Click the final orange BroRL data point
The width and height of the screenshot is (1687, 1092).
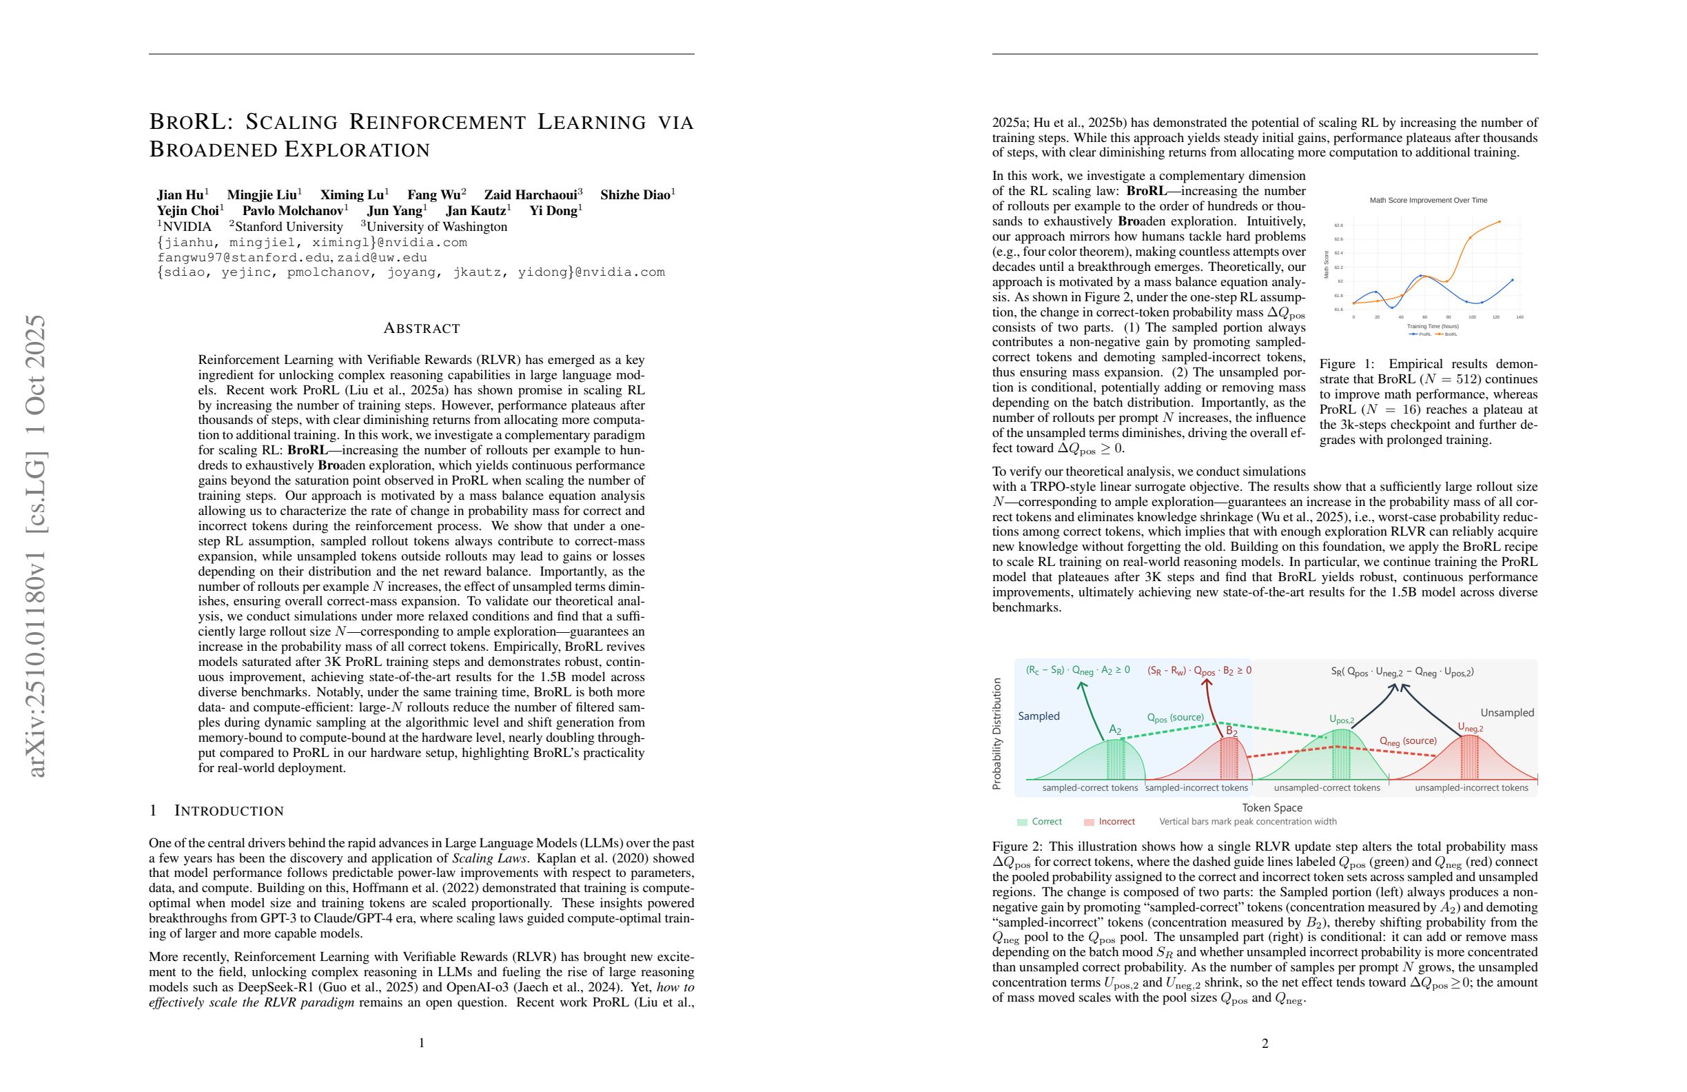pos(1499,221)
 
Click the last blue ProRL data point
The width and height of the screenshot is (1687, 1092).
pos(1513,280)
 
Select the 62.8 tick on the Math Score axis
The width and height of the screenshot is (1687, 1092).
pos(1338,225)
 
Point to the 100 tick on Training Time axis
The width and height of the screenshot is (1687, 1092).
pos(1472,317)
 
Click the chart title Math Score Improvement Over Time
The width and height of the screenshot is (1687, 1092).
pos(1429,200)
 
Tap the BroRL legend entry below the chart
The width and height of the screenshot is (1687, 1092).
pos(1447,334)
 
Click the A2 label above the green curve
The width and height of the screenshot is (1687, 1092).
pos(1115,729)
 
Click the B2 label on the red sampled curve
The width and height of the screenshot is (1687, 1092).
pos(1232,731)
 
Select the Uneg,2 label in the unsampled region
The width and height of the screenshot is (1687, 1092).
pos(1470,727)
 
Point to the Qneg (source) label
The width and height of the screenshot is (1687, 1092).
pos(1408,741)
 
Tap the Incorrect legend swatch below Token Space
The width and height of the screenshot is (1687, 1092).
pos(1090,822)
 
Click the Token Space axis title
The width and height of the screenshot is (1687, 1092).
pos(1271,808)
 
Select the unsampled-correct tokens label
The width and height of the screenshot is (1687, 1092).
pos(1327,788)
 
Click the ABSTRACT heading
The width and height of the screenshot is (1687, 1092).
pos(422,328)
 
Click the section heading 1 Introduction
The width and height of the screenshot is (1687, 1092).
pos(216,811)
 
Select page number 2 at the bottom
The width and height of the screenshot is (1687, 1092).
pos(1265,1043)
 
